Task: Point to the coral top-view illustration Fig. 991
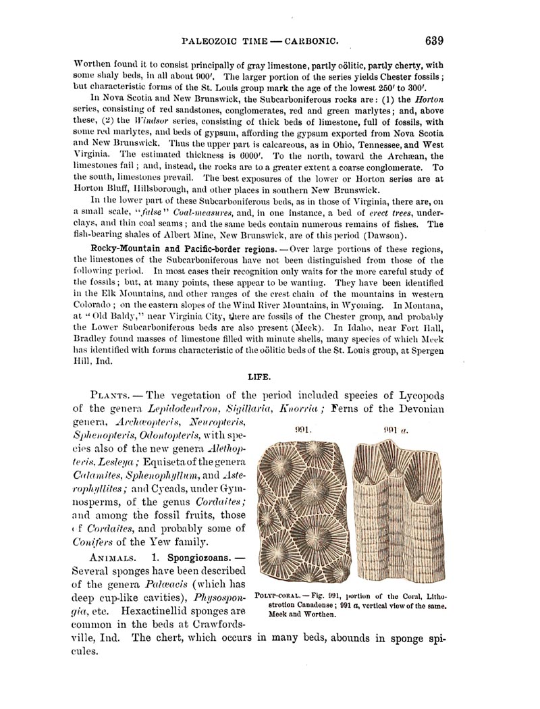302,510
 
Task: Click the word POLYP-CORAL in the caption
279,596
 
